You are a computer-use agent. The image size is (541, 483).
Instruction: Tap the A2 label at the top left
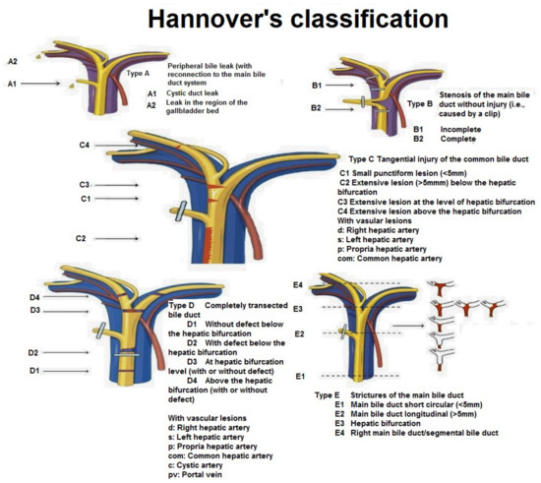pyautogui.click(x=13, y=62)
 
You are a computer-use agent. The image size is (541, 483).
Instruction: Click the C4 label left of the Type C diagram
pyautogui.click(x=86, y=146)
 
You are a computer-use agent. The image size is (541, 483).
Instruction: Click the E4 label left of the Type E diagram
pyautogui.click(x=298, y=284)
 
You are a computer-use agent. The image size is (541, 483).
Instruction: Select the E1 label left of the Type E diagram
pyautogui.click(x=299, y=376)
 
